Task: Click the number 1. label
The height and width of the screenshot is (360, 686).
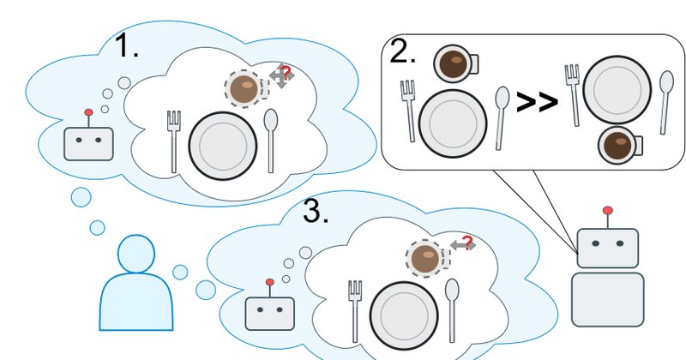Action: coord(126,46)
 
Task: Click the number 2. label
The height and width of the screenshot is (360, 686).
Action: coord(402,52)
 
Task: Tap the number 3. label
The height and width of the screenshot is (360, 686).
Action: coord(316,212)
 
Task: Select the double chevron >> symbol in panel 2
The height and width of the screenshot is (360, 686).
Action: coord(537,102)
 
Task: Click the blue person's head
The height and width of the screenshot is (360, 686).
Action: coord(136,254)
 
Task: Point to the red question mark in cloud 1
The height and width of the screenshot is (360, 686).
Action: coord(286,72)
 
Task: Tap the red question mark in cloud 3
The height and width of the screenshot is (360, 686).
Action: coord(467,242)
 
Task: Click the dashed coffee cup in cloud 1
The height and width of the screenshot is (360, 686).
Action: coord(247,89)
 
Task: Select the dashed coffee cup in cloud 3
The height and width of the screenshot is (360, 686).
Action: coord(428,259)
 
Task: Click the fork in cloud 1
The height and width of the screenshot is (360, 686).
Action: coord(174,141)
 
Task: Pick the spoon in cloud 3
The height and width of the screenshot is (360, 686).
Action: coord(452,310)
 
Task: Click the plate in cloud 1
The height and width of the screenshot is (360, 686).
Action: coord(223,146)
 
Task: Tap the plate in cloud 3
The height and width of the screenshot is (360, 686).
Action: coord(404,315)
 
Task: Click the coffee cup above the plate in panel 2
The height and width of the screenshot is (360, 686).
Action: coord(455,64)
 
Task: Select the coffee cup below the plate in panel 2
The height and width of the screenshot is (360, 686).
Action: coord(620,145)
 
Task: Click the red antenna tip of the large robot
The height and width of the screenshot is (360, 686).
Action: coord(608,210)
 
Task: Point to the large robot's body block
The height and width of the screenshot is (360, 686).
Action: coord(608,300)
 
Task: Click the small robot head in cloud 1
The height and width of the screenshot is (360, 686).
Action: coord(89,144)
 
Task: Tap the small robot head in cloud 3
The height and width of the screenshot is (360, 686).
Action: coord(270,314)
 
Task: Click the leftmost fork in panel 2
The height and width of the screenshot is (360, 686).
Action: coord(408,111)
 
